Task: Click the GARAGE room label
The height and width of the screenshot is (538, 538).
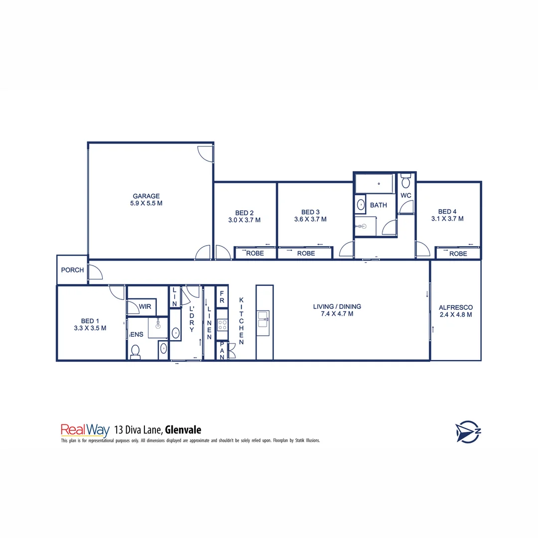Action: click(146, 196)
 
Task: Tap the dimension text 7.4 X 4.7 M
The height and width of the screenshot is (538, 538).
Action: click(337, 314)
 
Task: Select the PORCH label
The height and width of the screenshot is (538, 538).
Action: click(72, 270)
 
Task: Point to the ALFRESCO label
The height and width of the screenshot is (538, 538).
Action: click(455, 307)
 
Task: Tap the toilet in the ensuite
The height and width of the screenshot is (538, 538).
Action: click(134, 352)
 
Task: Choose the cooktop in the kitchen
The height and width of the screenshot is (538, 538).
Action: click(222, 325)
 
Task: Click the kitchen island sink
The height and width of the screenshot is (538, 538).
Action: click(263, 319)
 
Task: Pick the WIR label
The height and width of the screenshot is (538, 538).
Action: click(145, 307)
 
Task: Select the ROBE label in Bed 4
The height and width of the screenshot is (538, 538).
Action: click(458, 254)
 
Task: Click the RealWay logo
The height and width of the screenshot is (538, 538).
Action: click(85, 430)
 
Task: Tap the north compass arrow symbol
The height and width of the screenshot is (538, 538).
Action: click(467, 431)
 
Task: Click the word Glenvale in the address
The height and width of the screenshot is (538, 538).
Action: click(183, 429)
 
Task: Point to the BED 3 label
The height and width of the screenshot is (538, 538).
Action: click(310, 212)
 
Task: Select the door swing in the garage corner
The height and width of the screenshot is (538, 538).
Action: click(204, 153)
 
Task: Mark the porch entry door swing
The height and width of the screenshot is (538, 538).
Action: click(95, 272)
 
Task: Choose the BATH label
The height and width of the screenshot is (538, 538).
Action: click(378, 205)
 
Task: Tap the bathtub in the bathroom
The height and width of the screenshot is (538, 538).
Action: click(375, 184)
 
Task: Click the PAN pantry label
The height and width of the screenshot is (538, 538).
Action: click(222, 351)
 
